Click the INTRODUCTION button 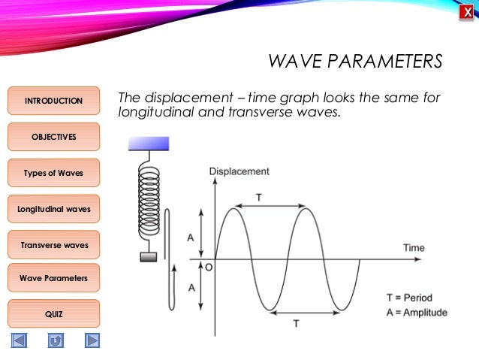(53, 101)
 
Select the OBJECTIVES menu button (53, 137)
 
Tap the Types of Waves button (53, 173)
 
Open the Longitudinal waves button (53, 208)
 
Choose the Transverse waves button (53, 244)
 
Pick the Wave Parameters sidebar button (53, 278)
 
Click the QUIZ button (53, 313)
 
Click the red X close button (467, 11)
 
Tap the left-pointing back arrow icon (19, 340)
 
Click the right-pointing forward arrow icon (92, 340)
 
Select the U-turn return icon (56, 340)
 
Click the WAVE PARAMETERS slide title (355, 60)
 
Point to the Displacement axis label (239, 171)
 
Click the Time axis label (414, 247)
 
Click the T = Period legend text (409, 298)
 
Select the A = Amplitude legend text (416, 313)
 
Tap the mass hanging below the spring (149, 257)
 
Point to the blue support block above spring (149, 143)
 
